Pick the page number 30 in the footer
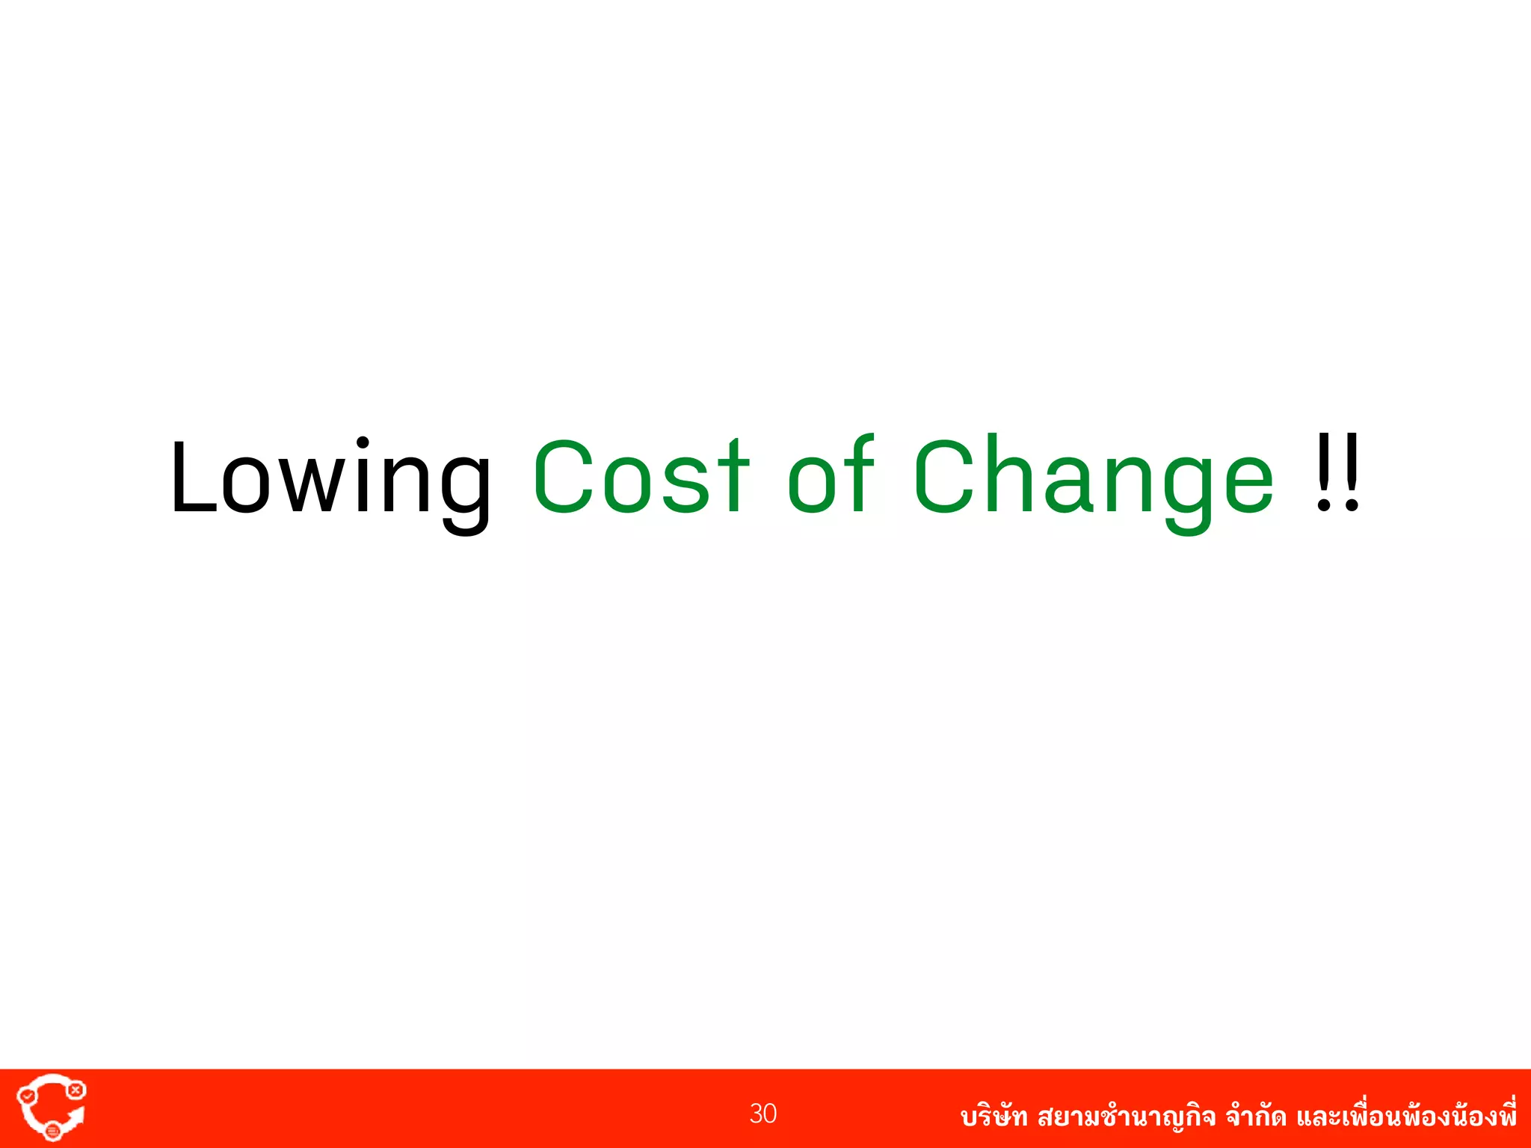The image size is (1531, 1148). click(763, 1114)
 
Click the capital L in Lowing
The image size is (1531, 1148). click(193, 477)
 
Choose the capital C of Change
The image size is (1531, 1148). click(943, 477)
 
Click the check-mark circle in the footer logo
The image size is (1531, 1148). click(28, 1096)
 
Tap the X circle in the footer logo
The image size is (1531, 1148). click(76, 1090)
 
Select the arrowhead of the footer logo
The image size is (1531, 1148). click(76, 1116)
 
